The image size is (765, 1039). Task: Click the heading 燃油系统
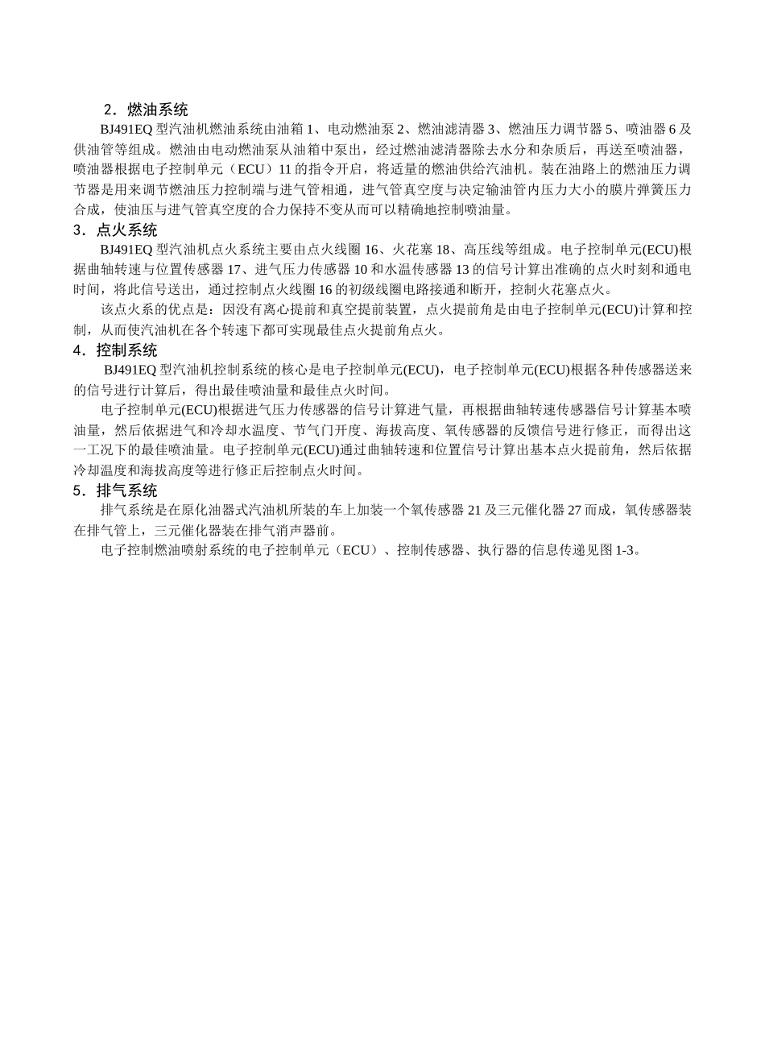[158, 110]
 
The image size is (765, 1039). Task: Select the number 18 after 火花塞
[443, 250]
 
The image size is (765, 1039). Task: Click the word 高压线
[484, 250]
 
